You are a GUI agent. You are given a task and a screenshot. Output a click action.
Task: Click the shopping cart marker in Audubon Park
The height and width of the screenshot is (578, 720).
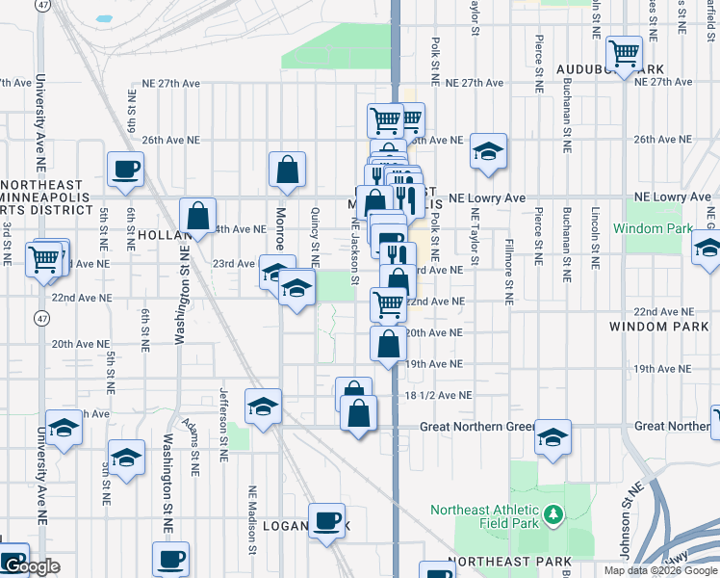click(625, 52)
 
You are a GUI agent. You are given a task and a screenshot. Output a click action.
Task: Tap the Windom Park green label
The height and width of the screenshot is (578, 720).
click(665, 229)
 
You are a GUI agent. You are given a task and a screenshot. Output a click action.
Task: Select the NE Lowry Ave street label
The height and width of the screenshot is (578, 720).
click(485, 197)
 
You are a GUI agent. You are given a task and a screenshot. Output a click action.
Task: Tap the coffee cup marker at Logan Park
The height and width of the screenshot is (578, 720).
click(326, 521)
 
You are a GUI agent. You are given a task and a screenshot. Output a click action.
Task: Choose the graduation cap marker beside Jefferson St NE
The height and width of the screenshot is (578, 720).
click(262, 407)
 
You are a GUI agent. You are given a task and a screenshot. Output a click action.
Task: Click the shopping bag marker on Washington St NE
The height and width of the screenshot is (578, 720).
click(197, 216)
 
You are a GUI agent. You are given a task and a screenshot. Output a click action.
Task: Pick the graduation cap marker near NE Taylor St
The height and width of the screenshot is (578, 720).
click(489, 151)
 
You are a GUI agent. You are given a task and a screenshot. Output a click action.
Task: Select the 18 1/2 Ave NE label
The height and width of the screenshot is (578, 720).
click(439, 395)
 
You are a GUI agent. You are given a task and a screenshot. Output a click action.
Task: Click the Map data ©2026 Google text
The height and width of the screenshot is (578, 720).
click(660, 570)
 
